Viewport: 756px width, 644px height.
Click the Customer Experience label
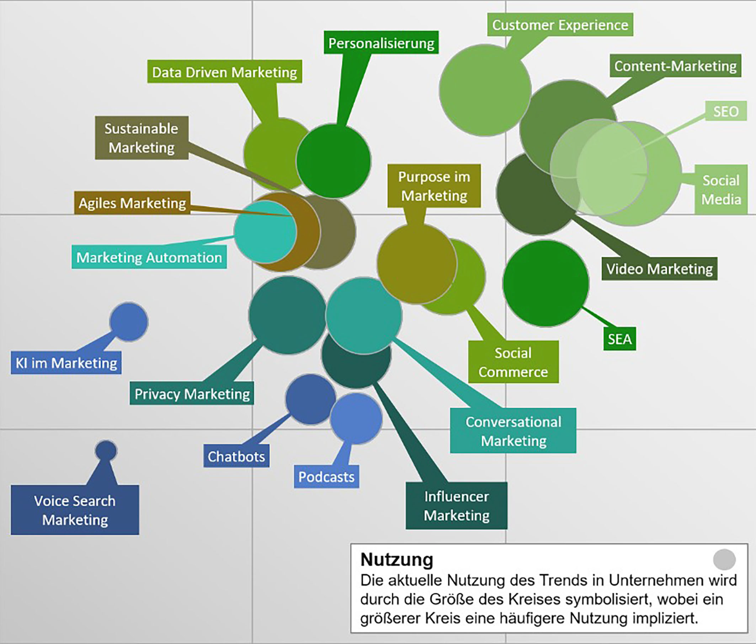point(560,25)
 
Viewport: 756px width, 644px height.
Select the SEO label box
point(725,111)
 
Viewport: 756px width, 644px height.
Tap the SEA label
point(619,339)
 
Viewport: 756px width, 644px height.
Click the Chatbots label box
point(236,456)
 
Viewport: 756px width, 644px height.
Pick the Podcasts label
point(326,476)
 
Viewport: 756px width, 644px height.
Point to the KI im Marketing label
point(66,363)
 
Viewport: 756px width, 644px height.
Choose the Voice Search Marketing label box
point(75,510)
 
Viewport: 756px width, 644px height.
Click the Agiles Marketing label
point(132,202)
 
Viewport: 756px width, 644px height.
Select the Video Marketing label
point(659,269)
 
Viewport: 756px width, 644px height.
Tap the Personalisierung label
point(381,43)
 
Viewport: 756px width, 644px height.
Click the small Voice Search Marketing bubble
point(106,450)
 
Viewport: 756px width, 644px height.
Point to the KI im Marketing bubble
point(128,322)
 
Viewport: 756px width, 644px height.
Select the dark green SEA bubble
point(545,283)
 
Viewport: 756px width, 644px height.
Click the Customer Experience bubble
point(484,90)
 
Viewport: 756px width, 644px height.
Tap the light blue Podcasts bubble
point(356,418)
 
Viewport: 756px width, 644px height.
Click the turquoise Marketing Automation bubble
point(265,232)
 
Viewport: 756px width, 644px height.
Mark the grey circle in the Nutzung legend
point(724,559)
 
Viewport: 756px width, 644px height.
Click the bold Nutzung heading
point(396,559)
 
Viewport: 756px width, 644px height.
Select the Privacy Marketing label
point(192,394)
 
